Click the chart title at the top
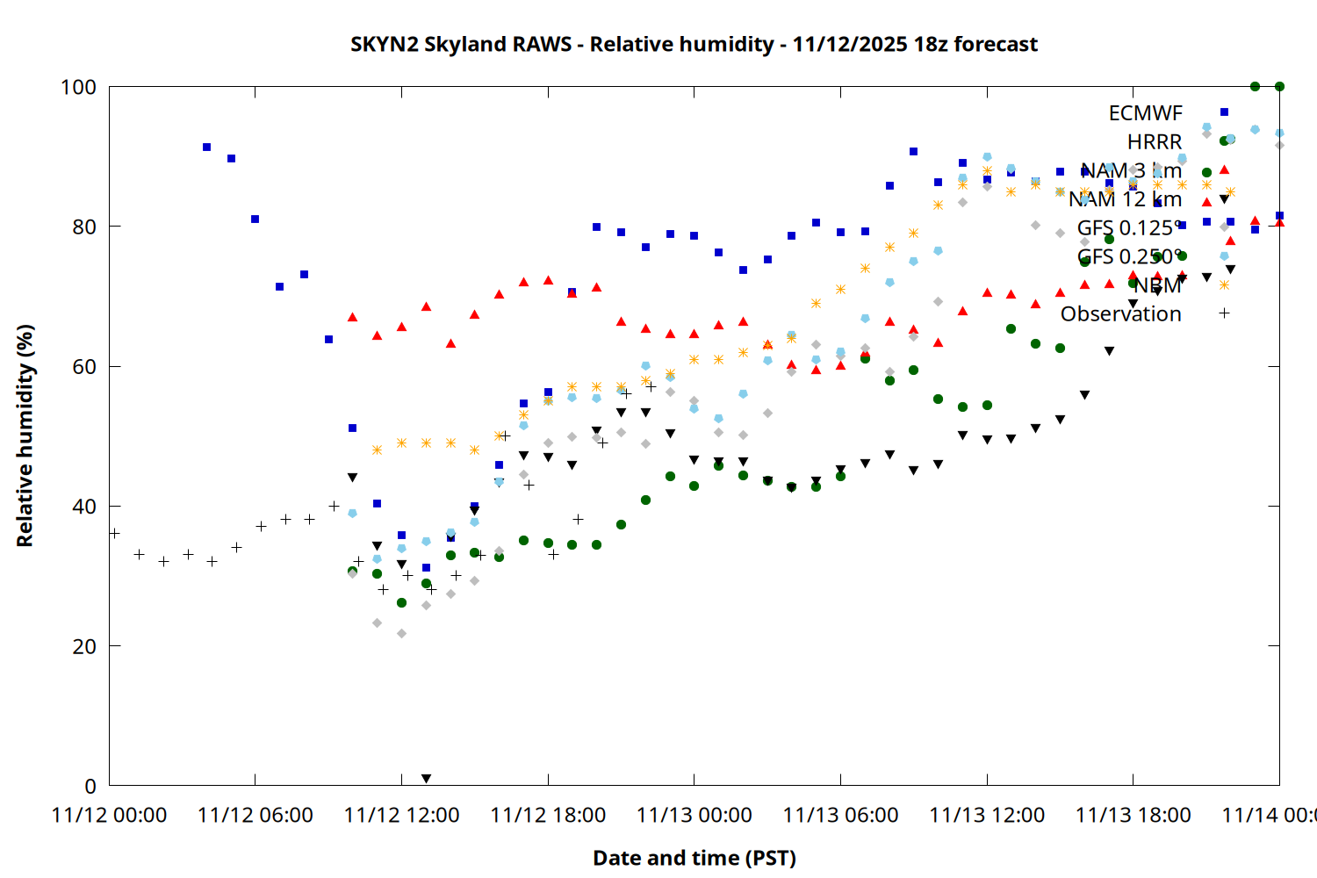694,44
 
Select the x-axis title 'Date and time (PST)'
694,858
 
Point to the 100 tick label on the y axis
78,87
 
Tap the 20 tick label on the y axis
84,646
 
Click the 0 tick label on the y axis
90,786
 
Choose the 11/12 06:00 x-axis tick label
255,816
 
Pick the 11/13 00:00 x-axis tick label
694,816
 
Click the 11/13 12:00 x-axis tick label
987,816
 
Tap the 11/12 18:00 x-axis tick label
548,816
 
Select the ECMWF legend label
1145,113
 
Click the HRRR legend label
1155,141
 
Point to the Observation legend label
1120,313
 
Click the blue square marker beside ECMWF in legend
1224,112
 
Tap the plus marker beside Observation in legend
1224,313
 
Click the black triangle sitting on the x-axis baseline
426,779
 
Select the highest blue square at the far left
206,148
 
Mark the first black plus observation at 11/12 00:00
114,533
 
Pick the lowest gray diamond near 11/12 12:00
401,633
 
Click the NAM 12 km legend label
1125,199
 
